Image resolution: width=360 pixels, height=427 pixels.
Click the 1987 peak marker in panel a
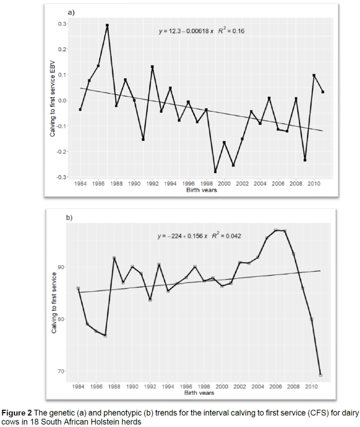[107, 25]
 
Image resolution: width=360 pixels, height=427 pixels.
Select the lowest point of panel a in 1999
[215, 171]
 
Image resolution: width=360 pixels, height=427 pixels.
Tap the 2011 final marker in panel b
[320, 375]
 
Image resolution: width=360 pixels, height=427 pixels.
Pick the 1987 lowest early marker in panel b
[105, 335]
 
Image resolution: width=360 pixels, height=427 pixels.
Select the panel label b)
[70, 218]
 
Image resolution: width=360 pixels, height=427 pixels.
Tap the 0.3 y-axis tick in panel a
[60, 24]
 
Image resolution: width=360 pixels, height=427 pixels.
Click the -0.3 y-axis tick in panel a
[59, 177]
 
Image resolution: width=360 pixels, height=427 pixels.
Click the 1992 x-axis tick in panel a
[152, 184]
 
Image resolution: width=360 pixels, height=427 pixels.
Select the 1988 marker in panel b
[114, 258]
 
